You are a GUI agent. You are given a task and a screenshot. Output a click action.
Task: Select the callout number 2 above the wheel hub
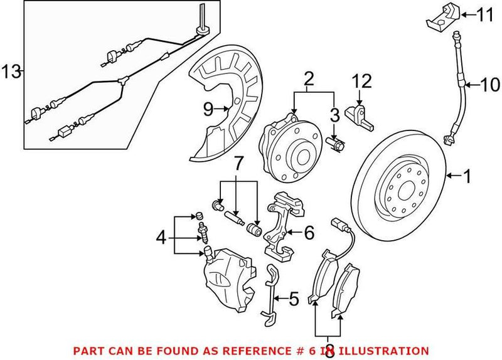point(308,80)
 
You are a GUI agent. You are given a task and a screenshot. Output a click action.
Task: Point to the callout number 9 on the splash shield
point(208,109)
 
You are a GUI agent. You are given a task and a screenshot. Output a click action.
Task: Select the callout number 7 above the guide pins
point(237,166)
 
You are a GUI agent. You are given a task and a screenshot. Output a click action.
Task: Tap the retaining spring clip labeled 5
point(272,295)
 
